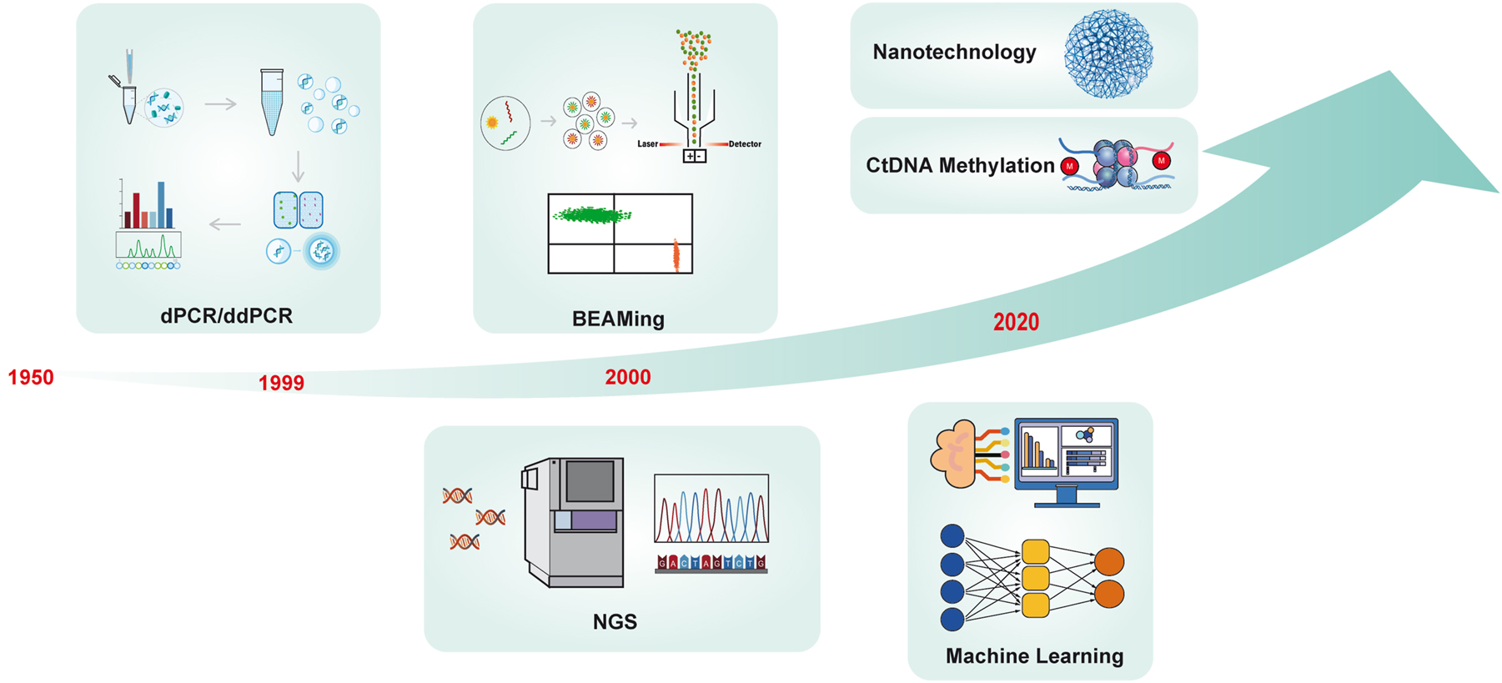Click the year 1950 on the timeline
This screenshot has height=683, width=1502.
coord(31,378)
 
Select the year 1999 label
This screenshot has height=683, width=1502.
coord(281,384)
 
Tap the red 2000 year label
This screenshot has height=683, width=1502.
coord(627,378)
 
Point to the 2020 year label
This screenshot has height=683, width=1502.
coord(1016,323)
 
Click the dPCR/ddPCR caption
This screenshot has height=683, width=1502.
coord(226,316)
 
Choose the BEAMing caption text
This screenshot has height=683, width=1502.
coord(618,319)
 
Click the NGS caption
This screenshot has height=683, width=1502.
coord(615,622)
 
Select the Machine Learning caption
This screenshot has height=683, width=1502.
coord(1034,656)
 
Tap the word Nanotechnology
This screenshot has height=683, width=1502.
coord(954,53)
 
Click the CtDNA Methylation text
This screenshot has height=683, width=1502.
coord(960,166)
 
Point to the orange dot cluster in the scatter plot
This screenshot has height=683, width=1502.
coord(676,256)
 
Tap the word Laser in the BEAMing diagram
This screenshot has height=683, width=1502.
coord(647,144)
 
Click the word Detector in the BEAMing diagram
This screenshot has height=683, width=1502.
coord(745,144)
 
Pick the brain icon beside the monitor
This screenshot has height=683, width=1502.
coord(956,454)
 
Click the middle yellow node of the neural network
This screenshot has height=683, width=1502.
coord(1035,578)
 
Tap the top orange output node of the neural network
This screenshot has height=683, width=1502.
coord(1109,561)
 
